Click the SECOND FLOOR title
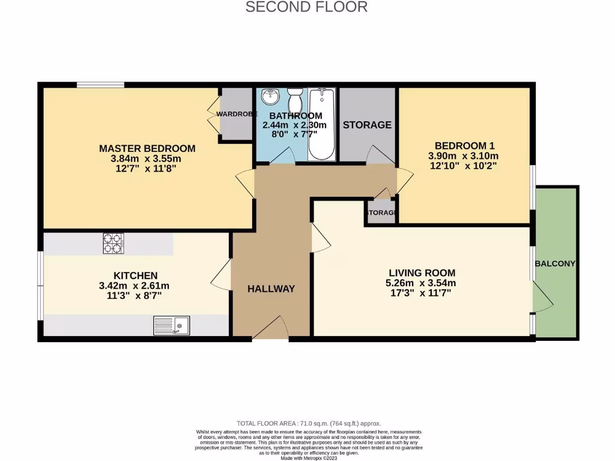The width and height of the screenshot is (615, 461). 307,7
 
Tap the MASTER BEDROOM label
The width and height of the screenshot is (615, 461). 147,148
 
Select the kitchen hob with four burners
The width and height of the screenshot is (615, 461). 113,243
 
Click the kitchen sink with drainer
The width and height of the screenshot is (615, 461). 171,325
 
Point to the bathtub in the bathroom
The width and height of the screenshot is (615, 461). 323,124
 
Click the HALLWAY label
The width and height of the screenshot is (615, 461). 271,289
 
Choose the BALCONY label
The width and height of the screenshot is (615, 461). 556,264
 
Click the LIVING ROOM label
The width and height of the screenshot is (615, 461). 420,273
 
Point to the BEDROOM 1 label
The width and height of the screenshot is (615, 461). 464,145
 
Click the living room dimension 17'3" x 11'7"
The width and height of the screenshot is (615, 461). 420,293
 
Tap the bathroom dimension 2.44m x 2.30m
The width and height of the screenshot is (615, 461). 294,125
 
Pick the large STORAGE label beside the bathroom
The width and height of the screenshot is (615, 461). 367,125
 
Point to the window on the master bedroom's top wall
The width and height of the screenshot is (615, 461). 101,85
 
